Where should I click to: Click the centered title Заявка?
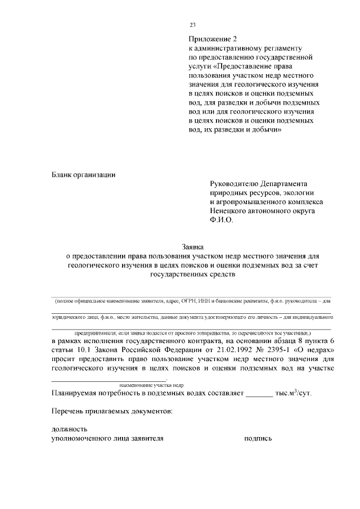pos(193,247)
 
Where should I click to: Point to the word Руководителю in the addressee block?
pos(233,184)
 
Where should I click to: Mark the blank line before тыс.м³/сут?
pos(259,393)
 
